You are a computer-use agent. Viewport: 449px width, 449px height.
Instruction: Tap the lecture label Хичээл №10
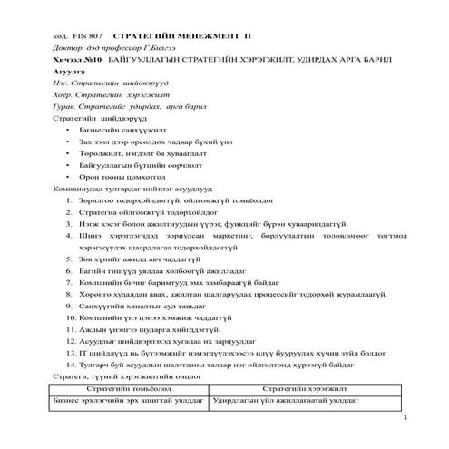point(74,58)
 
